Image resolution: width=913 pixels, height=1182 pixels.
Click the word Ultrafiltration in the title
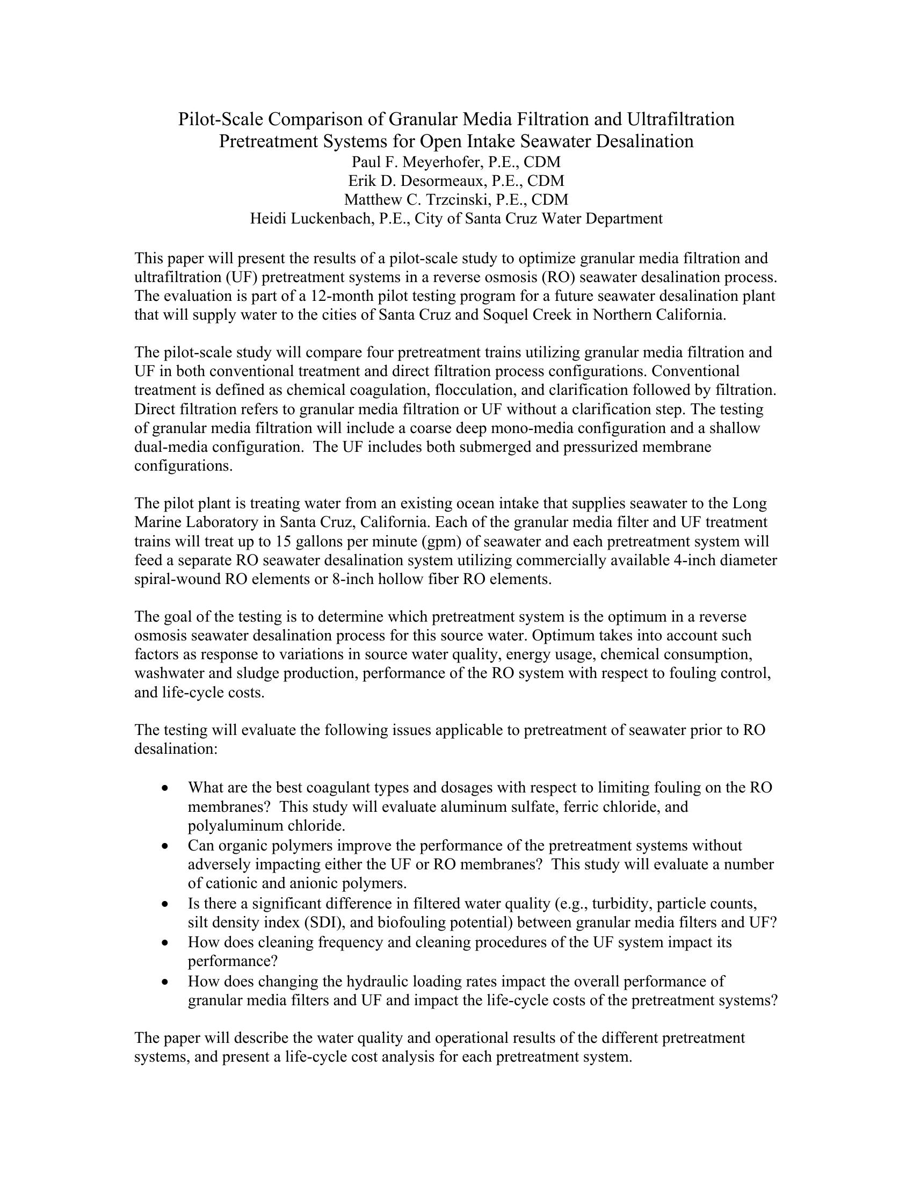coord(680,119)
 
